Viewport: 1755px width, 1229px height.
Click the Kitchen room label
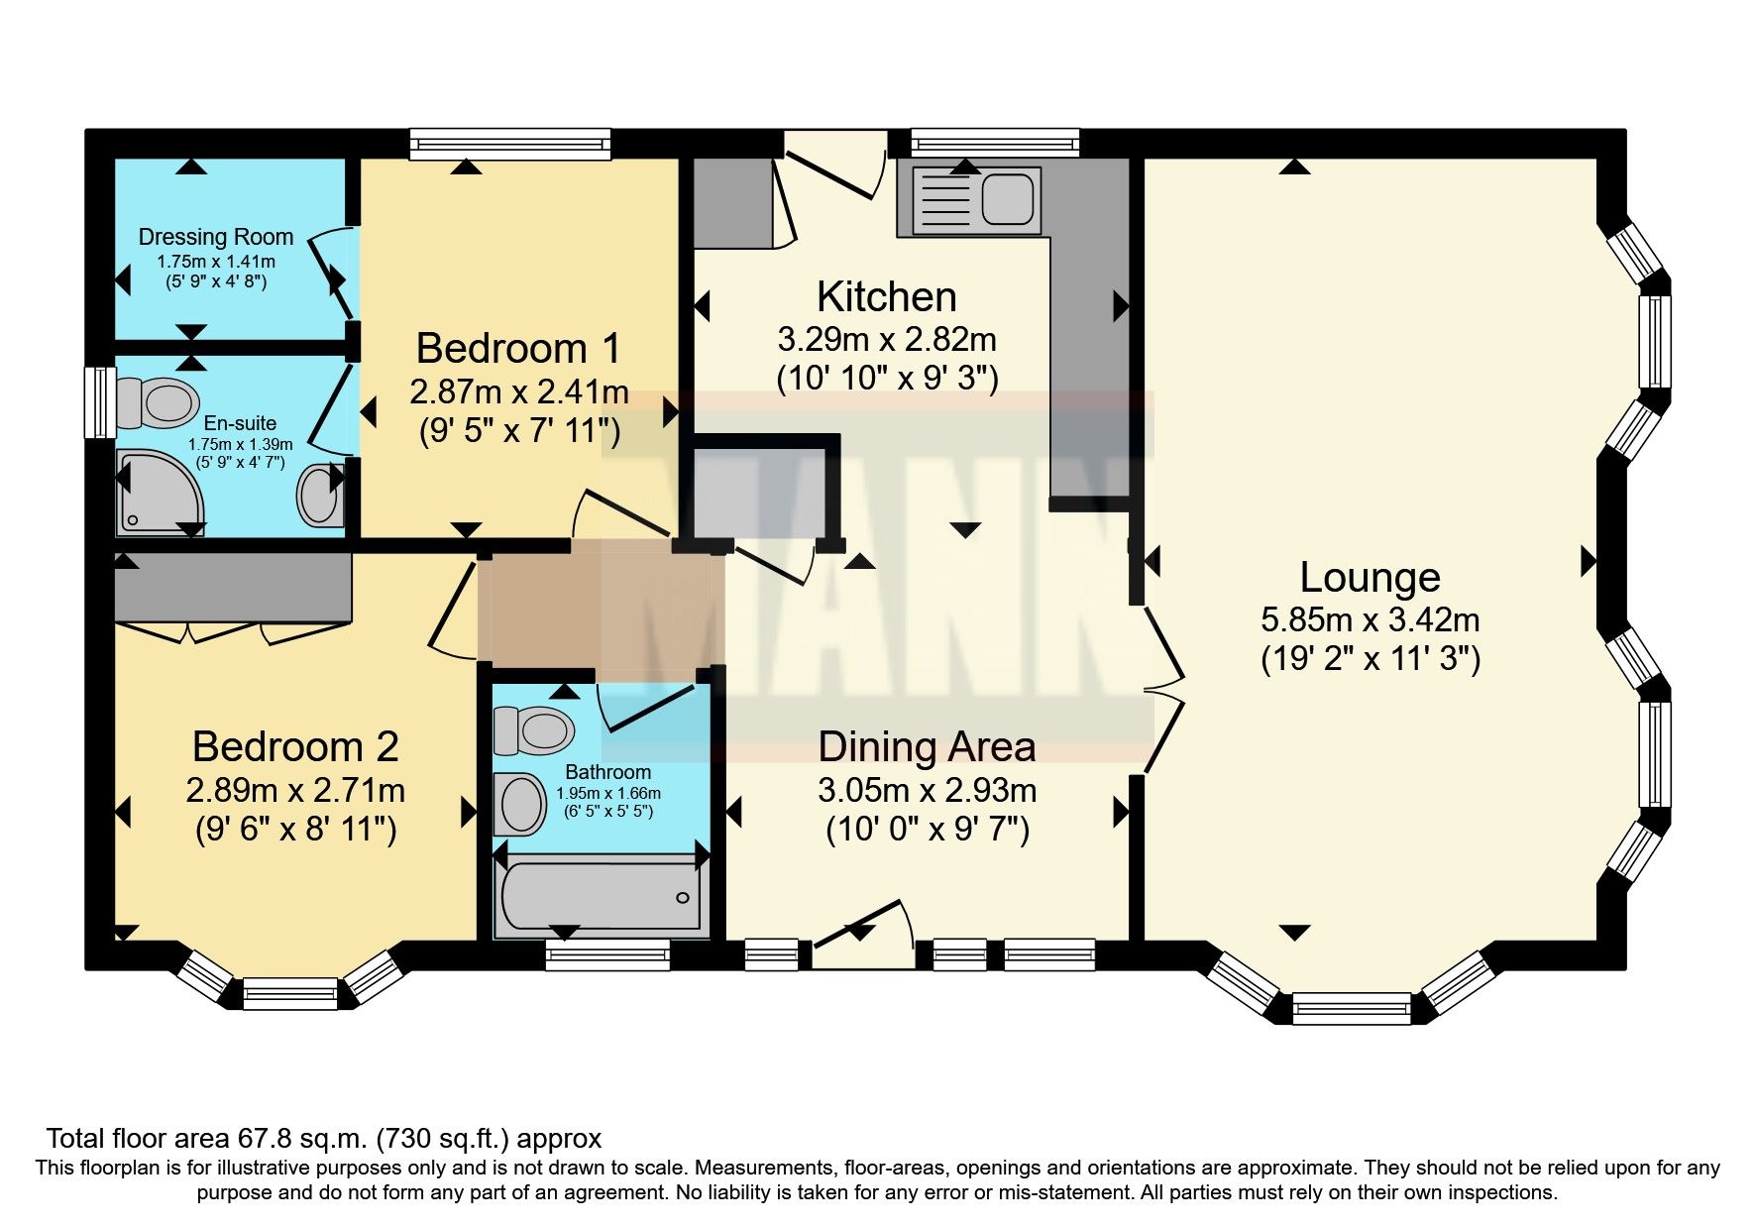pyautogui.click(x=886, y=296)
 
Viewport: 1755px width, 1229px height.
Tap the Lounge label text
pyautogui.click(x=1370, y=577)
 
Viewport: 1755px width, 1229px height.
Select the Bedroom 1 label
pyautogui.click(x=518, y=348)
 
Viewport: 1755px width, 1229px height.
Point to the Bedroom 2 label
pyautogui.click(x=295, y=746)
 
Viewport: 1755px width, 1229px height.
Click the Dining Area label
pyautogui.click(x=927, y=746)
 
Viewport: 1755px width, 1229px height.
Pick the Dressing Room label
pyautogui.click(x=215, y=237)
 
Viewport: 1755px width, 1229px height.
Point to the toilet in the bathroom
pyautogui.click(x=535, y=730)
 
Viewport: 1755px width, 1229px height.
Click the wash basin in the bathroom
pyautogui.click(x=521, y=803)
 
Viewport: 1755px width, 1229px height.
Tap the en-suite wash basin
pyautogui.click(x=320, y=495)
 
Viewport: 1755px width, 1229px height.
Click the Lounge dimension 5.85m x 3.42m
pyautogui.click(x=1370, y=620)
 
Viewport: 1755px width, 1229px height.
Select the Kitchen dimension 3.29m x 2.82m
pyautogui.click(x=886, y=340)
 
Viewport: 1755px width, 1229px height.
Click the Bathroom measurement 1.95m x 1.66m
pyautogui.click(x=607, y=793)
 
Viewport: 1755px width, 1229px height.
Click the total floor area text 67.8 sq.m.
pyautogui.click(x=323, y=1138)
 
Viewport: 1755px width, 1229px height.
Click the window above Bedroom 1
pyautogui.click(x=510, y=147)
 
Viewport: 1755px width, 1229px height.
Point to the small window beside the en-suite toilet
pyautogui.click(x=99, y=402)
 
